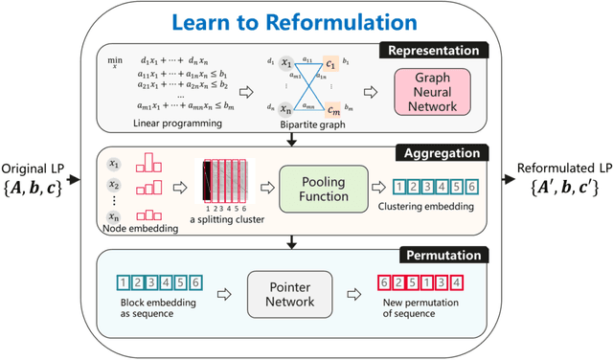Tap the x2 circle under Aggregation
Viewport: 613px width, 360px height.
pos(116,185)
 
